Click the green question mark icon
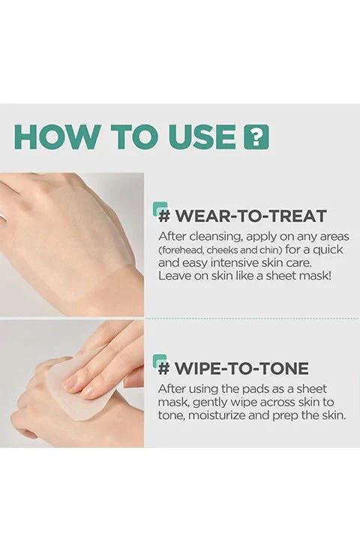(x=256, y=136)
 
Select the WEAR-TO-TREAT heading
(x=242, y=216)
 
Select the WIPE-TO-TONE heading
(x=234, y=368)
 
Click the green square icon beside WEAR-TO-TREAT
(x=160, y=208)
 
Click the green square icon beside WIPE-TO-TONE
(x=160, y=361)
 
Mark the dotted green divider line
(x=252, y=318)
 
